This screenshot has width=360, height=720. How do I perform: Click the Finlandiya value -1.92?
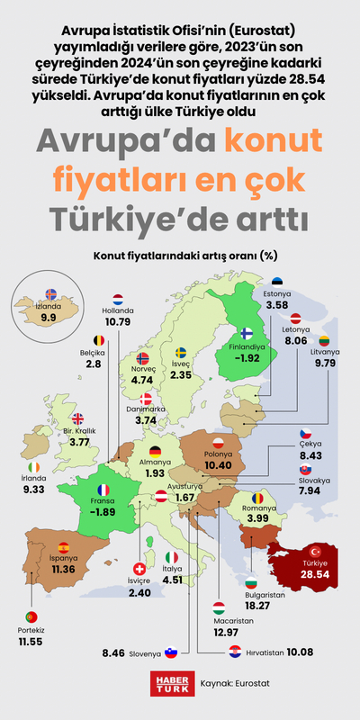(247, 357)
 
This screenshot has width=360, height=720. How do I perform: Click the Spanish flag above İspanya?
(63, 546)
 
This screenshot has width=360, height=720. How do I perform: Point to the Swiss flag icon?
(139, 569)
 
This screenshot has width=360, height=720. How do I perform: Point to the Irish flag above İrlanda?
(33, 468)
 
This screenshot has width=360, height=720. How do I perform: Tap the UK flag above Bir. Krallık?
(78, 418)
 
